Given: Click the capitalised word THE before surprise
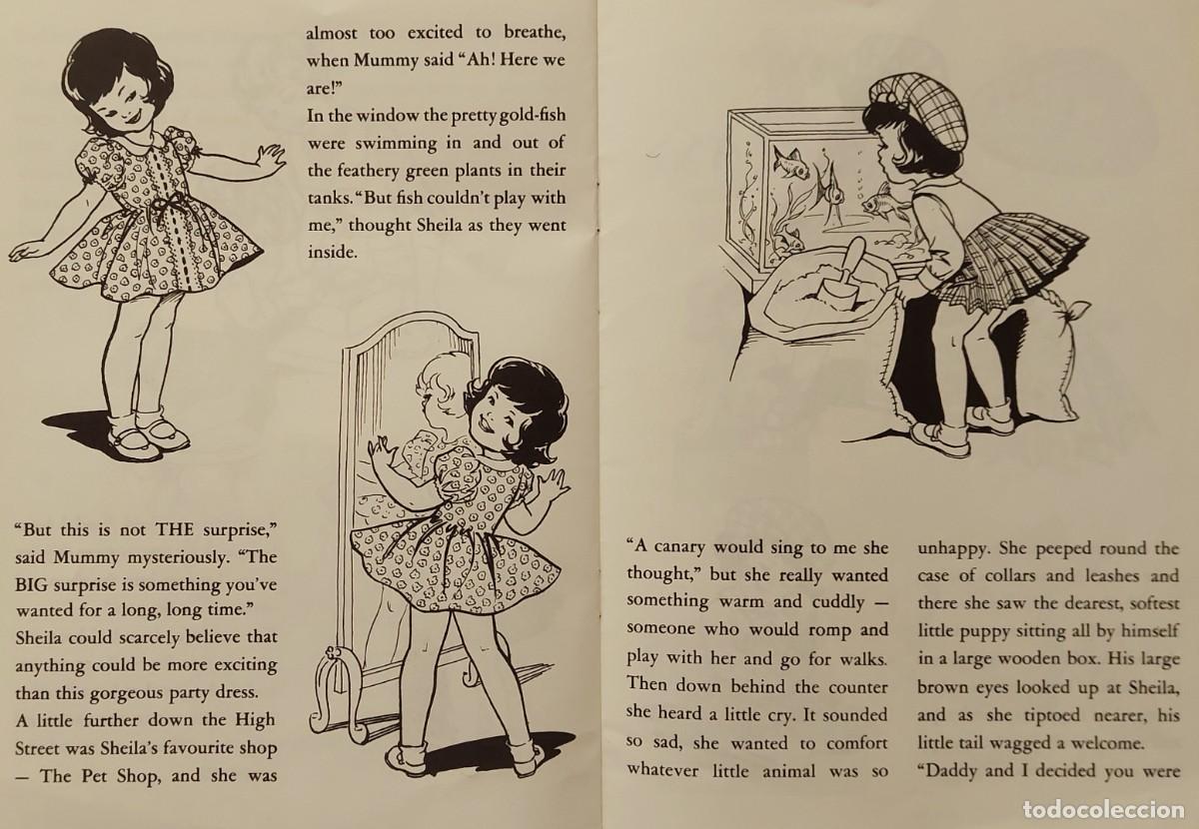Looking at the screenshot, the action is (x=174, y=529).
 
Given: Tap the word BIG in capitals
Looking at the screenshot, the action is (x=32, y=584).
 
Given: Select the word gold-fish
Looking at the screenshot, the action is (x=532, y=116).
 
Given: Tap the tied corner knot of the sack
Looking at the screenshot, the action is (x=1070, y=312).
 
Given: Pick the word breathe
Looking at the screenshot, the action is (x=535, y=32).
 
